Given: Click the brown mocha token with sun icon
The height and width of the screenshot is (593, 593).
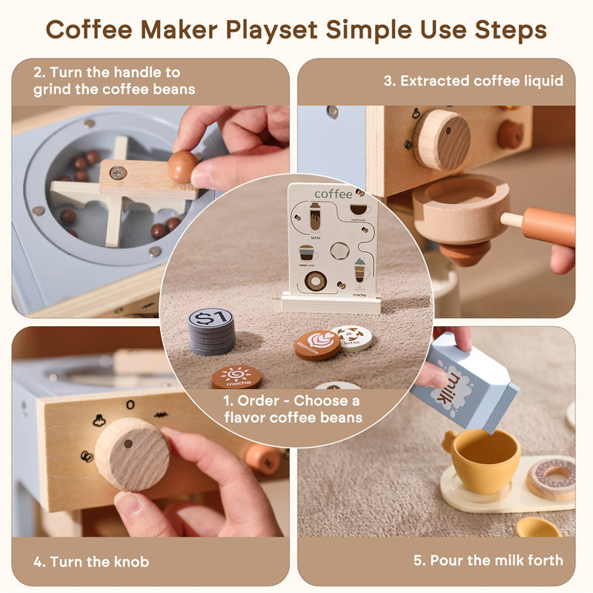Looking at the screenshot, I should (236, 377).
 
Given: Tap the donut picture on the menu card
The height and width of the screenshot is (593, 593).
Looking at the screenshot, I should (315, 281).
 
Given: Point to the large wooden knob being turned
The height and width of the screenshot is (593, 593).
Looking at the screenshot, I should (132, 454).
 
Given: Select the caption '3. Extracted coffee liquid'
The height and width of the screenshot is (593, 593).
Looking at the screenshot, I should (473, 81).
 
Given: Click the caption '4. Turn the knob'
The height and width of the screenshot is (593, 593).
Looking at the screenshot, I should (90, 561).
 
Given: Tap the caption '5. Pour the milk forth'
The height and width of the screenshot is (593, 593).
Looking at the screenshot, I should (488, 560).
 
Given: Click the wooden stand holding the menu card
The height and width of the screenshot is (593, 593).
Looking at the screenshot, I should (331, 302).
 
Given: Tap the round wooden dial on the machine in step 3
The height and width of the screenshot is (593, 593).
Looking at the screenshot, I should (442, 139).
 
